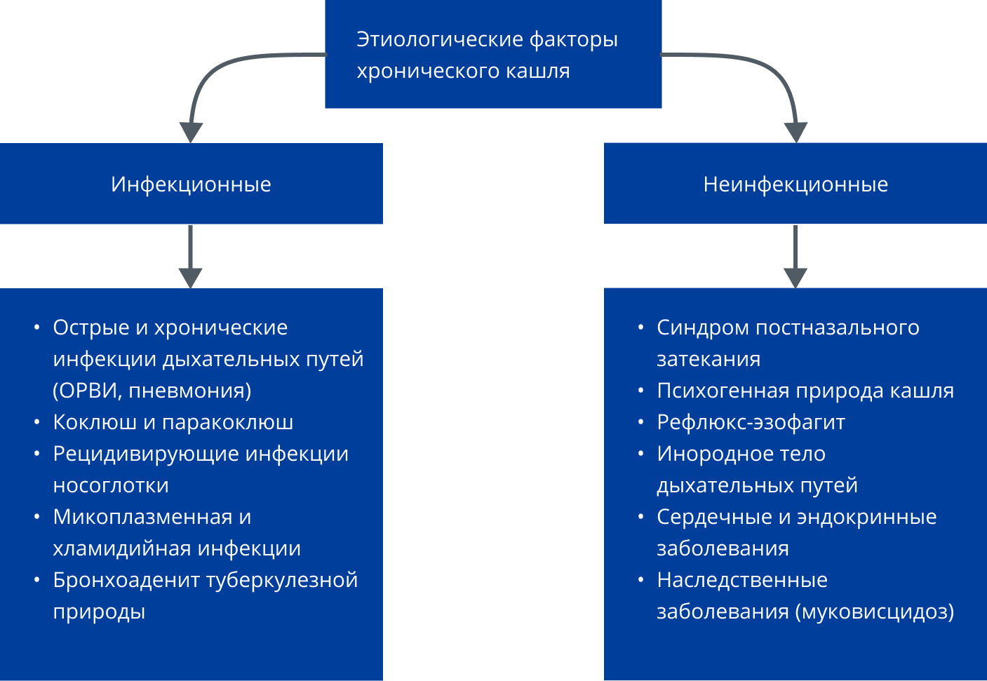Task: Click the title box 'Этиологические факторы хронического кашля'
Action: (492, 55)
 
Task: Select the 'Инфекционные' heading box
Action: (191, 184)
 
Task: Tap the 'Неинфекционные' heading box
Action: (795, 184)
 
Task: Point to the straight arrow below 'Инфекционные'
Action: (191, 257)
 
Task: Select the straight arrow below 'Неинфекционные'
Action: (795, 257)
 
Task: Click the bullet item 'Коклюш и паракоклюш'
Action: (173, 422)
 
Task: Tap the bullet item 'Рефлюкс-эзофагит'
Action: (751, 422)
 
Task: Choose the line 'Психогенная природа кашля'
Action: (805, 391)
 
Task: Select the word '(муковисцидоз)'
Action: (875, 612)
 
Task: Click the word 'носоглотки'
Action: (111, 485)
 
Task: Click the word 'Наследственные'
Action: (741, 580)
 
